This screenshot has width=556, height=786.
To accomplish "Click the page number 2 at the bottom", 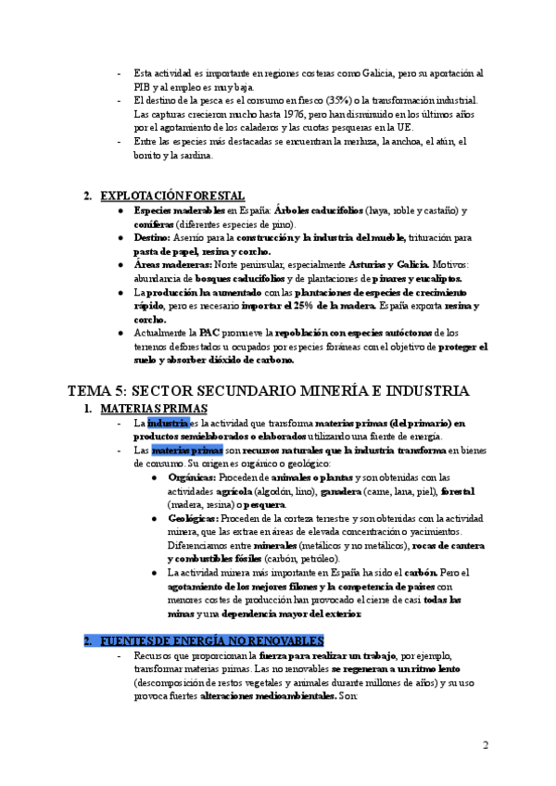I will coord(486,744).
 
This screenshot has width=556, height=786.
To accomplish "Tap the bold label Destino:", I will coord(154,237).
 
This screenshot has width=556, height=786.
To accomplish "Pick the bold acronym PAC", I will coord(209,332).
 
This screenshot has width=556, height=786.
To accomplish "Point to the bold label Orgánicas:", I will coord(193,476).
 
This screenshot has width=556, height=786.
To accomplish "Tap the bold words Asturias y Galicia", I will coord(385,264).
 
